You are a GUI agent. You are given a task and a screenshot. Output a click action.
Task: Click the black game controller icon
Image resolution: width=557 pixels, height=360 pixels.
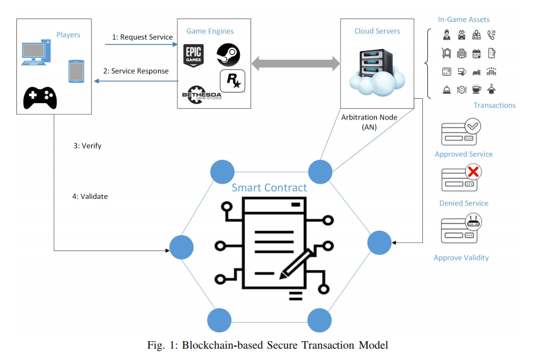coord(40,97)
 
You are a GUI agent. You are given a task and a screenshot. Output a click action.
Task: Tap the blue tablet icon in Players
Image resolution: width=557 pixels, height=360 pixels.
coord(76,71)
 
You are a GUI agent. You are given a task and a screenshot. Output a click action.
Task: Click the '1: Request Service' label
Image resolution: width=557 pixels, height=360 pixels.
coord(142,37)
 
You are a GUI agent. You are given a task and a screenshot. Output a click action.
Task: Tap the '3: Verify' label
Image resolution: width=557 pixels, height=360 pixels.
coord(87,146)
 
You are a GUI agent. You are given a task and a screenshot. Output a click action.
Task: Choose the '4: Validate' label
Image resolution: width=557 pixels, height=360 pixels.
coord(90,196)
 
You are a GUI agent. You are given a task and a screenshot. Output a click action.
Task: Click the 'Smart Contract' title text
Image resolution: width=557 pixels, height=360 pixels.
coord(269,188)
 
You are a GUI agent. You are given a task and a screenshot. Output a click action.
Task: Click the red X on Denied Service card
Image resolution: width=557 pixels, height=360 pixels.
coord(473,171)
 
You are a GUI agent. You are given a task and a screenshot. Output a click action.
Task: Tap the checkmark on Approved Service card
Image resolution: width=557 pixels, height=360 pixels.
coord(473,127)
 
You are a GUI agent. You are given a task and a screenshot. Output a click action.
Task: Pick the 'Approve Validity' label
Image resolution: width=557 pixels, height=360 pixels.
coord(461,257)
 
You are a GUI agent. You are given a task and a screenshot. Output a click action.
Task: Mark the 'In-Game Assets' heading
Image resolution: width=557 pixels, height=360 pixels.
coord(464,20)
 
